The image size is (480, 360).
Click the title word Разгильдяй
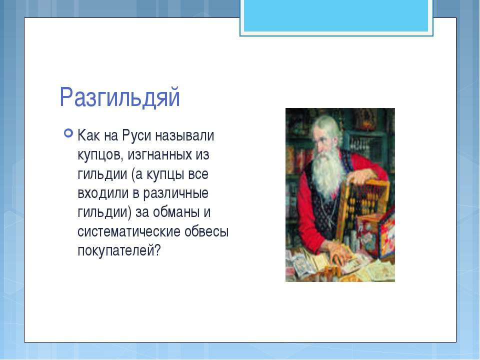pos(119,97)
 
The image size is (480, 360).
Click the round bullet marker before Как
pos(68,133)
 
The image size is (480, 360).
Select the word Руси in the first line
pos(137,135)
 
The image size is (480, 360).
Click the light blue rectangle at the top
pos(336,15)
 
